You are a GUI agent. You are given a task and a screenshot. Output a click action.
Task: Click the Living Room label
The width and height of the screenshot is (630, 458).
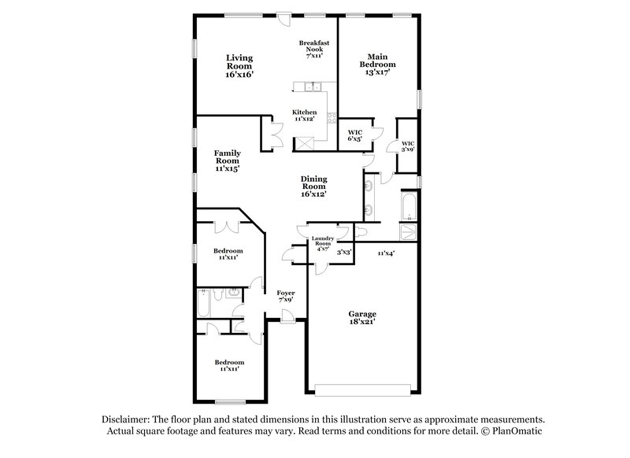point(239,66)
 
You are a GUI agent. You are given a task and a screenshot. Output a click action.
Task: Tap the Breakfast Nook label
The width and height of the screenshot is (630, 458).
point(313,49)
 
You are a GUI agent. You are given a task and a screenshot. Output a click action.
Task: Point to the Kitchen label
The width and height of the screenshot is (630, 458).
point(305,115)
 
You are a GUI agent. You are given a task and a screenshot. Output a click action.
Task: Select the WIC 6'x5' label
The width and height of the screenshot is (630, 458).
point(354,135)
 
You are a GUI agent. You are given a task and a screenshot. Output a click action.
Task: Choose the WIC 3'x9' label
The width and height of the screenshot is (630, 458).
point(407,146)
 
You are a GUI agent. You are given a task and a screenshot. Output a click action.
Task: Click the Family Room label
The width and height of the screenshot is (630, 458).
point(228,160)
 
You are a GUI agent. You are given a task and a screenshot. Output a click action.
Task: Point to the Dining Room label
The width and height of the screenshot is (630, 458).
point(313,186)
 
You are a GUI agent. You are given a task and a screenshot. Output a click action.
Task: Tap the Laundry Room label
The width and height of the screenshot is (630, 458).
point(323,243)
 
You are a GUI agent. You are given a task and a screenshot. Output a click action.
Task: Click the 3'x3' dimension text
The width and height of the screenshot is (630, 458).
point(344,253)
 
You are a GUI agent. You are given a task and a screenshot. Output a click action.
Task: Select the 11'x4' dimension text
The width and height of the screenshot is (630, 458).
point(386,253)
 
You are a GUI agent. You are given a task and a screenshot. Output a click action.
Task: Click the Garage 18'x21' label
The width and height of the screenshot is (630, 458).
point(363,317)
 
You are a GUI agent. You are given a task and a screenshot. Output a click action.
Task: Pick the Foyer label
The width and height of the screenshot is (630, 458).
point(286,296)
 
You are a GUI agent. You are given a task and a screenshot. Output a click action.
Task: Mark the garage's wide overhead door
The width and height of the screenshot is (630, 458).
point(363,387)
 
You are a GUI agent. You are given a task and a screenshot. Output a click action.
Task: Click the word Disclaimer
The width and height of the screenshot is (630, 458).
point(130,419)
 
